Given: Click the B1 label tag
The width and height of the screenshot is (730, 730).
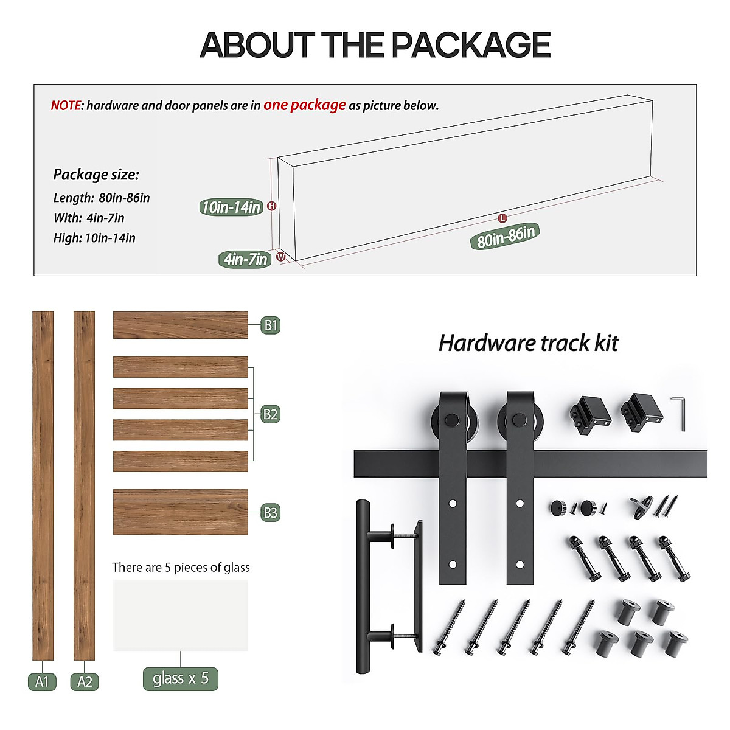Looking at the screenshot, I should point(270,325).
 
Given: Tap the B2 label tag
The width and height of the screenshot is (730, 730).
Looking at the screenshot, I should point(270,415).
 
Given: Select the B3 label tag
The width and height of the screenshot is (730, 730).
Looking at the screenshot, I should point(270,513).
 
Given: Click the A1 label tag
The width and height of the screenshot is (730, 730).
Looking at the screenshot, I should point(42,681).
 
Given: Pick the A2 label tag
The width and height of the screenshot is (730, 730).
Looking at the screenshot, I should point(85,681).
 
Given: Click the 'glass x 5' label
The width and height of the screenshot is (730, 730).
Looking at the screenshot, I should point(180,678).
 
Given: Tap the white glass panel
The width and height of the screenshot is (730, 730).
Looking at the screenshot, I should point(180,615).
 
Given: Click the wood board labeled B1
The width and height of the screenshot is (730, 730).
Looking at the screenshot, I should point(180,325).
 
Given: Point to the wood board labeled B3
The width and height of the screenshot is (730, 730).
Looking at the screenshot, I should point(180,512).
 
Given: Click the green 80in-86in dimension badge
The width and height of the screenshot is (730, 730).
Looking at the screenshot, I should point(505,236).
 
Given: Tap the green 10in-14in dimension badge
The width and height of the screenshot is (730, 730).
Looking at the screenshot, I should point(231,207).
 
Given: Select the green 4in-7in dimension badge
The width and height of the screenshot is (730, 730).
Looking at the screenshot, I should point(245,260).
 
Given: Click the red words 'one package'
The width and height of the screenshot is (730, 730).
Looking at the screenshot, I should point(304,105).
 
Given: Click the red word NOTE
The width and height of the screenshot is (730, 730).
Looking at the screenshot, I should point(66,106).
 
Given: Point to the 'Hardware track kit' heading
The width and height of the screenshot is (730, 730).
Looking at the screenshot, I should point(528,343).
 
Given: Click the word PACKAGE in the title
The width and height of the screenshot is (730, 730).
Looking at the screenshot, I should point(470,45).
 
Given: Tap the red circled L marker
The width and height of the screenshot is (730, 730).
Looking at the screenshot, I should point(502,218).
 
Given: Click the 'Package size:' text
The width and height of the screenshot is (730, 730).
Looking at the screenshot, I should point(96,175).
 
